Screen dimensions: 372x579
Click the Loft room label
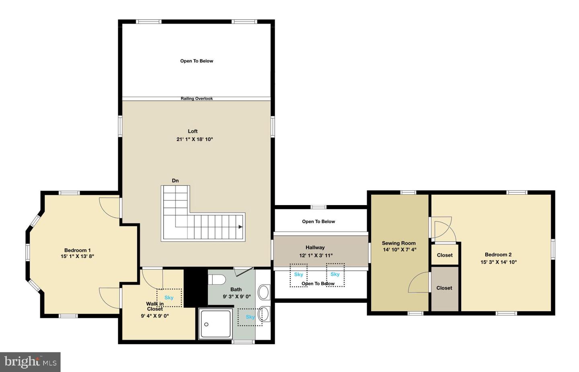pos(193,131)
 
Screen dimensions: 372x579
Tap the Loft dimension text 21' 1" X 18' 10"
pos(194,139)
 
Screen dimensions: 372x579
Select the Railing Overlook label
pos(197,99)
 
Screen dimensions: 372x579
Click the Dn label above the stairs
pos(175,181)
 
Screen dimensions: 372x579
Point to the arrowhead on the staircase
pos(240,227)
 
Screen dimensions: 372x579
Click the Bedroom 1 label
pos(77,250)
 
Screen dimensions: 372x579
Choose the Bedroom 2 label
pos(498,255)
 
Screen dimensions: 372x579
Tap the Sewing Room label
pos(398,243)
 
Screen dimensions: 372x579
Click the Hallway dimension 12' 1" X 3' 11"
pos(316,255)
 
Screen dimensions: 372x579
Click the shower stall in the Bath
pos(216,324)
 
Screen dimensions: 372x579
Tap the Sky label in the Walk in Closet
pos(169,298)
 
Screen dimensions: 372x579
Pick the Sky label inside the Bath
pos(250,317)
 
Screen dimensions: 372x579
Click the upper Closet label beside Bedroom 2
pos(445,255)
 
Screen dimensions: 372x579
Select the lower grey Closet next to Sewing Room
pos(444,288)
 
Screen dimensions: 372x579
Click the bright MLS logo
pos(30,362)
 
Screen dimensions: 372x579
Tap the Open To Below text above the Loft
pos(197,61)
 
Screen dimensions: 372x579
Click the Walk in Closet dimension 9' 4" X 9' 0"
pos(155,316)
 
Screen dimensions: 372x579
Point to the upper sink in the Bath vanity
pos(263,292)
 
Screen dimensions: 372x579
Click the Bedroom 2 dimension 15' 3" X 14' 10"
pos(499,262)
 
